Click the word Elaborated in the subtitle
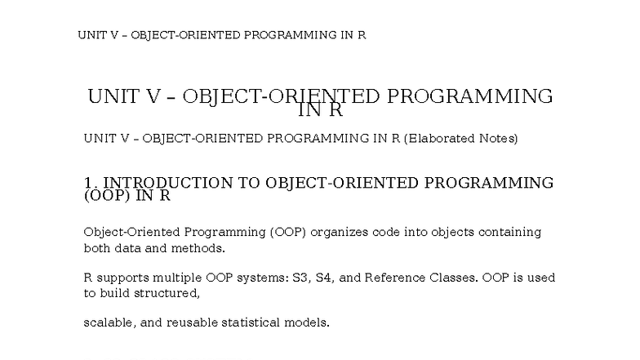[x=438, y=139]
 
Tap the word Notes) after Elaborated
[x=496, y=139]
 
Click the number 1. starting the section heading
[x=91, y=183]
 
